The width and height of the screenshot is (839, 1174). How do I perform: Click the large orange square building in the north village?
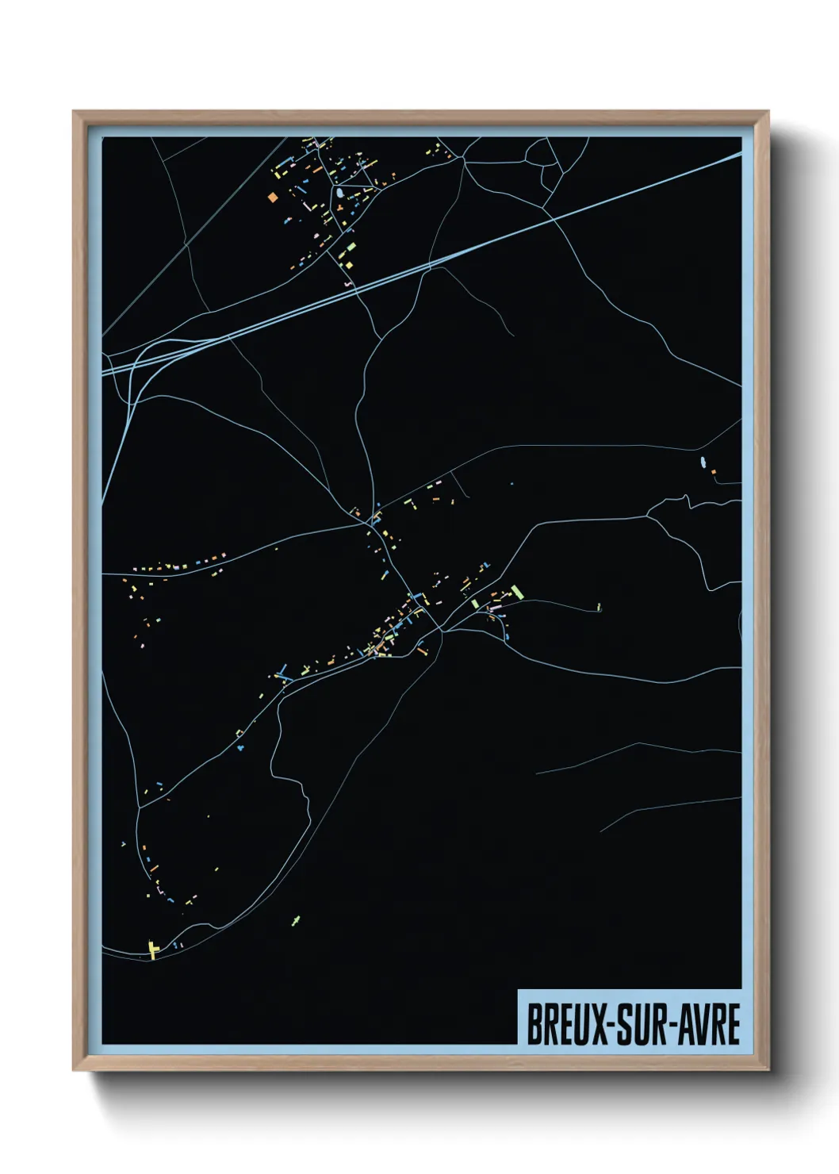point(273,197)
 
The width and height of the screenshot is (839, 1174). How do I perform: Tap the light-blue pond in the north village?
point(339,193)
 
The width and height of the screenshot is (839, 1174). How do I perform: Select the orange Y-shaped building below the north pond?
point(340,208)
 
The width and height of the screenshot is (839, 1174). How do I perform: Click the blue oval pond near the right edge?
point(702,462)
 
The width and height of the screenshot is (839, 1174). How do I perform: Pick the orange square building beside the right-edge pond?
point(713,472)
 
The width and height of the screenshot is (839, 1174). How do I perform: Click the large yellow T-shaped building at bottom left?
point(152,949)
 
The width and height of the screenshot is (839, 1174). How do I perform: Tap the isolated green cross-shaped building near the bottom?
point(297,919)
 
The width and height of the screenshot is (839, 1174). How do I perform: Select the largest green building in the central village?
point(517,592)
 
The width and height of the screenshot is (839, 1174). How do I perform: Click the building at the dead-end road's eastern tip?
point(599,608)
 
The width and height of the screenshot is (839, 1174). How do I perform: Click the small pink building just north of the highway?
point(347,283)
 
